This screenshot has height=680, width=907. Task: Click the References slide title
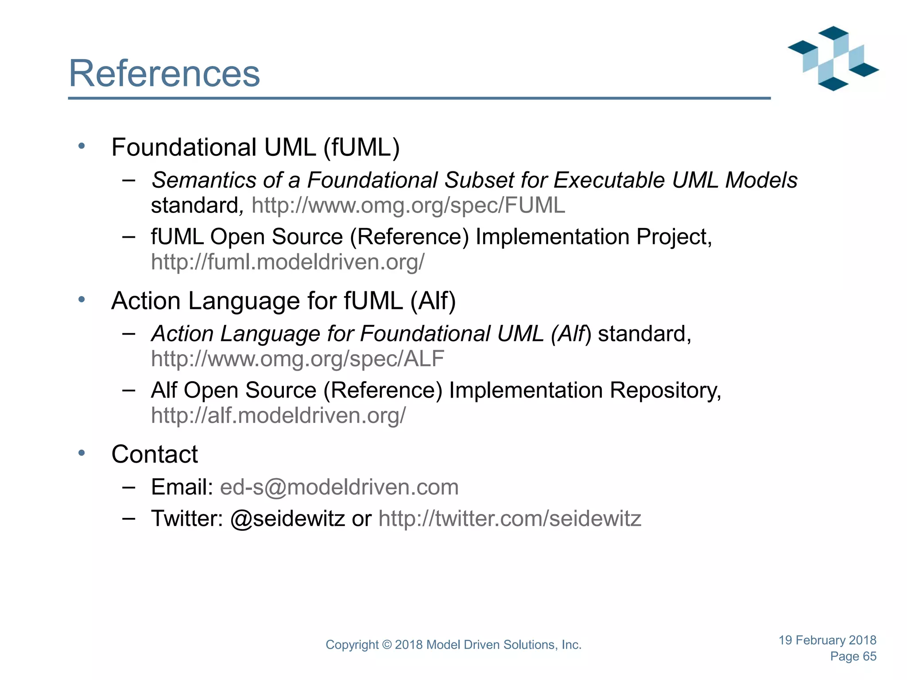click(x=164, y=73)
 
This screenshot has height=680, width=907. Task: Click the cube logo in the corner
click(x=833, y=58)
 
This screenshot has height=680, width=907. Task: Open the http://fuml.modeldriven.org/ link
click(x=287, y=262)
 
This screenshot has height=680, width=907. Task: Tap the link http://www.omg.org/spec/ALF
click(x=297, y=359)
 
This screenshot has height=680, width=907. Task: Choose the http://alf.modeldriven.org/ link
click(x=278, y=416)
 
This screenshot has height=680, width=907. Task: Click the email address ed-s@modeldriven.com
click(x=339, y=487)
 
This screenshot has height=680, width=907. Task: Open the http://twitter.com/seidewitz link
click(x=510, y=518)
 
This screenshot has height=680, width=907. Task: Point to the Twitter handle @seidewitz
click(x=287, y=518)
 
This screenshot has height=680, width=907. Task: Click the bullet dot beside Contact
click(x=81, y=453)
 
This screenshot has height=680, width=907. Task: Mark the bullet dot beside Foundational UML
click(x=81, y=146)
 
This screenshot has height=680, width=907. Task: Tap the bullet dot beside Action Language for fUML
click(x=81, y=300)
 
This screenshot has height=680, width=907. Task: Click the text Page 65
click(x=853, y=657)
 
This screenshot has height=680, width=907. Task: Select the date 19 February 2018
click(x=827, y=640)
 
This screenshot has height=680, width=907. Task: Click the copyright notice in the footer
click(x=453, y=645)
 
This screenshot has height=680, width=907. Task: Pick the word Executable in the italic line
click(x=609, y=181)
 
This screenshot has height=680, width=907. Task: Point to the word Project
click(x=674, y=237)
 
